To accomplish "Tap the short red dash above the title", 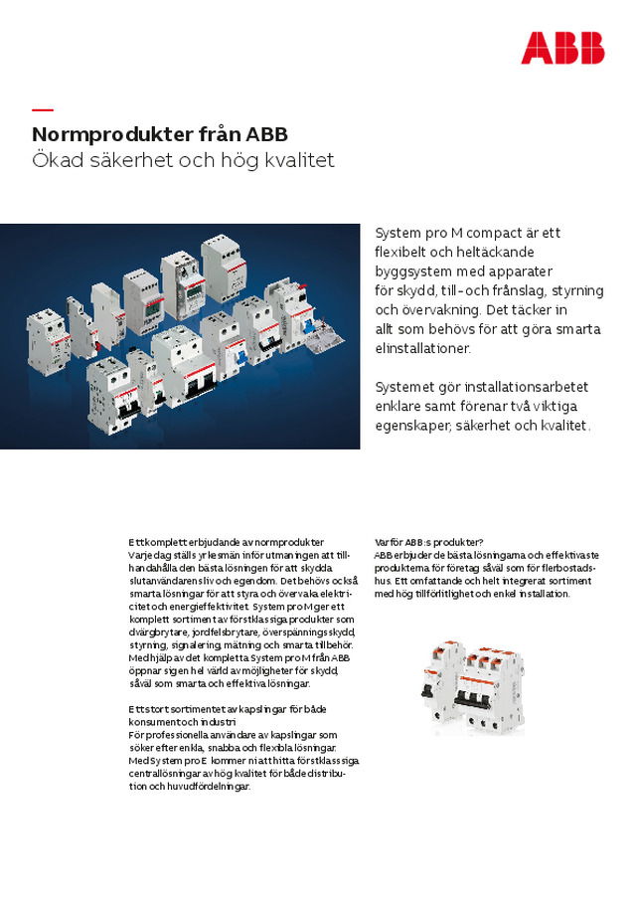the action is (x=42, y=108).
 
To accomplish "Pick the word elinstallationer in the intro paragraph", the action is (x=422, y=348).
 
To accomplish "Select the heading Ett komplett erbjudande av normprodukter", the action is (x=226, y=542).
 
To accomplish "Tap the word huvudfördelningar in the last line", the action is (x=204, y=786).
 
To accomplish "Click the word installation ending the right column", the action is (x=542, y=594).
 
